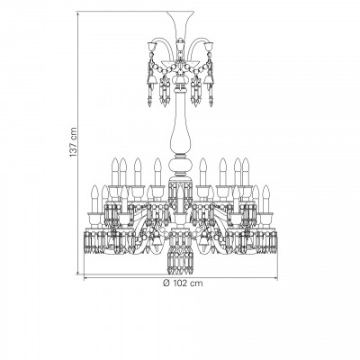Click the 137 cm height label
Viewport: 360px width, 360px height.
73,142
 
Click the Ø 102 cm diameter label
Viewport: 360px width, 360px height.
183,283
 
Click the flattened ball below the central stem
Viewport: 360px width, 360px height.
180,166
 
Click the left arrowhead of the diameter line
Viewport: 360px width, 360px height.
85,278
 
